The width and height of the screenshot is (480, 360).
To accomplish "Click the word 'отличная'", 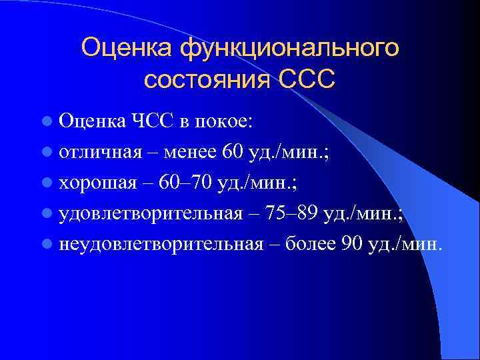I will click(100, 153).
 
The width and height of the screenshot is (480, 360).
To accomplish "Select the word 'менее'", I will click(187, 153).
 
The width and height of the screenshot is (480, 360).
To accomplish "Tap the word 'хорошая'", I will click(97, 183).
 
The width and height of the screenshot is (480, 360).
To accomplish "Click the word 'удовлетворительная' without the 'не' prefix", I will click(150, 214).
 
